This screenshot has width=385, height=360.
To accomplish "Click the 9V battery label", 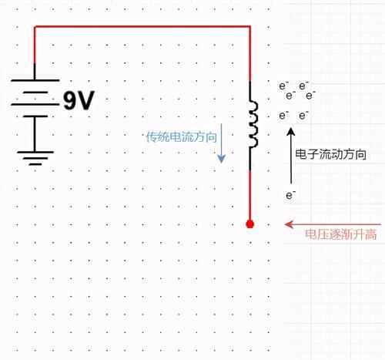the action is click(x=79, y=100).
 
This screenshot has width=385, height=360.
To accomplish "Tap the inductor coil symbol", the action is click(x=254, y=124).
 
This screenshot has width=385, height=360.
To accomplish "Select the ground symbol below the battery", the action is click(x=35, y=158).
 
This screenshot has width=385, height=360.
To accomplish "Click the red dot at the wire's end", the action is click(x=250, y=224).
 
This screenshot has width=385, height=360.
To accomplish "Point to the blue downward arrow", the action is click(x=221, y=143).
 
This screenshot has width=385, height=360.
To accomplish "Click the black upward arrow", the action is click(x=291, y=156).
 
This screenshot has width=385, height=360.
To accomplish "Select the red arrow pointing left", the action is click(x=333, y=224).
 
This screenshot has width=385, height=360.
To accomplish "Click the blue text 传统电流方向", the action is click(x=181, y=137).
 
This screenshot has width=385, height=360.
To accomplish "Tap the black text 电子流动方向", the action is click(x=330, y=154).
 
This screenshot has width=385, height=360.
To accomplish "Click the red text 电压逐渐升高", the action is click(x=341, y=234).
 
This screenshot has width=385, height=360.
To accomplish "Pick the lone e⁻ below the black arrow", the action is click(x=290, y=195).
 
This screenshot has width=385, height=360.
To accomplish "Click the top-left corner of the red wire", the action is click(x=35, y=26).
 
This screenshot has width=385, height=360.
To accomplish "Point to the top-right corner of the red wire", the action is click(x=250, y=26).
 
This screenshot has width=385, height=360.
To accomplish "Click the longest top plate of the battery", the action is click(x=35, y=80).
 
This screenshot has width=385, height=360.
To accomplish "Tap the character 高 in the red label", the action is click(x=370, y=234).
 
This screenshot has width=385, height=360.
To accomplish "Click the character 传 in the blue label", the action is click(x=152, y=137).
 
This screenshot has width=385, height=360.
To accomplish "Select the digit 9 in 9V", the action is click(x=69, y=101).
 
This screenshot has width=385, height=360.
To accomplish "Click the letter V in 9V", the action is click(x=86, y=100).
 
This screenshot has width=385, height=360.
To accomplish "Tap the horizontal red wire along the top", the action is click(x=142, y=26).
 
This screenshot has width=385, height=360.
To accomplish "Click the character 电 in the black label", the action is click(x=301, y=154).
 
